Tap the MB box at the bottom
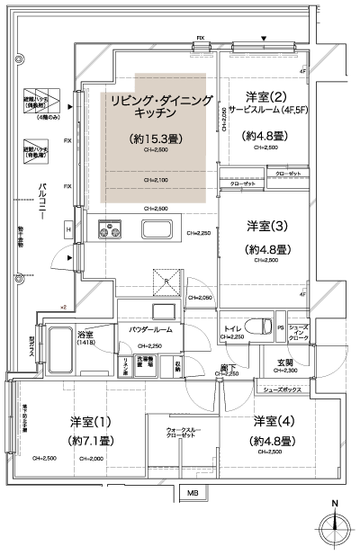coord(193,494)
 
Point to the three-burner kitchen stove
coord(111,232)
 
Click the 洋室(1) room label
coord(91,422)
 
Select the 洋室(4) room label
coord(272,421)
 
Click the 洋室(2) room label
coord(265,96)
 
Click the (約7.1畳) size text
coord(90,441)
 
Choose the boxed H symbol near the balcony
coord(67,230)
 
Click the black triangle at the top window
coord(263,38)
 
